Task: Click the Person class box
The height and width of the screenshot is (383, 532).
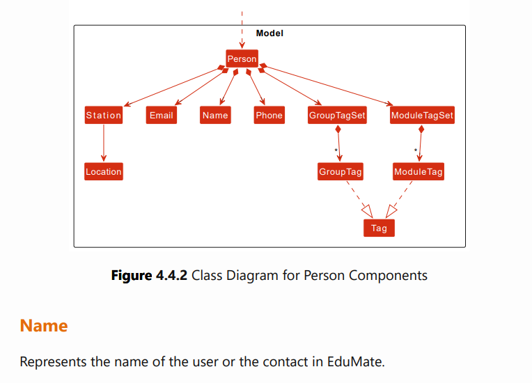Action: point(242,59)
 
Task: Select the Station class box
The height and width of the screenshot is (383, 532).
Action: point(104,116)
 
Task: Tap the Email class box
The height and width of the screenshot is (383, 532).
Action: point(161,116)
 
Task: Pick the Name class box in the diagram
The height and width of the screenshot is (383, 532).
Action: point(215,116)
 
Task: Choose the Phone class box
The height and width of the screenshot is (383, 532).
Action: point(269,116)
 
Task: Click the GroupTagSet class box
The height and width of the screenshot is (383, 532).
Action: point(337,116)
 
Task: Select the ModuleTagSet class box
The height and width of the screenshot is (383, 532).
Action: point(422,116)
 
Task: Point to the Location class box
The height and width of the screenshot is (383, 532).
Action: point(104,172)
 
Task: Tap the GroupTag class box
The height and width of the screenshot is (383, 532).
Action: point(341,172)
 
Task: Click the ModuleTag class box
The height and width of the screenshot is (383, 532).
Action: point(418,172)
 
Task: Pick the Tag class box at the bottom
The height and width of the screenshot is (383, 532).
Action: point(379,228)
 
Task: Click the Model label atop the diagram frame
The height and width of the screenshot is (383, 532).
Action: point(269,33)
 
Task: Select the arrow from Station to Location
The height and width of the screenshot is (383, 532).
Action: point(104,144)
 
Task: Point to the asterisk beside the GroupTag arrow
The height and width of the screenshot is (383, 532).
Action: point(336,151)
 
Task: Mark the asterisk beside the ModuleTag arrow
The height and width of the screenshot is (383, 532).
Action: point(416,151)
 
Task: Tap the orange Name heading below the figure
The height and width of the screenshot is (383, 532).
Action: point(44,326)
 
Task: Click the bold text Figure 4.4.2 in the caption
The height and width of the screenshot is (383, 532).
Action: point(150,275)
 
